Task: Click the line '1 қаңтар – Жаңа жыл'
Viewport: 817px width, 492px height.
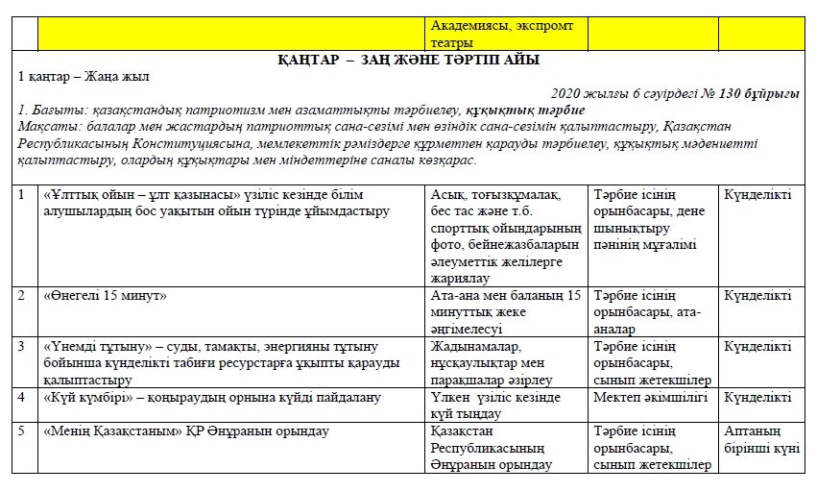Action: (x=83, y=76)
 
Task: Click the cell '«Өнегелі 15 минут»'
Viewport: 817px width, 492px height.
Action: (x=107, y=295)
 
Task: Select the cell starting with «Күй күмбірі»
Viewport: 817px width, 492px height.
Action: (x=211, y=396)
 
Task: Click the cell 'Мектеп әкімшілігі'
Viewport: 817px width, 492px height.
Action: (x=650, y=396)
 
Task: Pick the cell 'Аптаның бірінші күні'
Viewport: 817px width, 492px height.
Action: (x=761, y=439)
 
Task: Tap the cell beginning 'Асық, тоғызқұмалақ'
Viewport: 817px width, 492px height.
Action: (x=507, y=235)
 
